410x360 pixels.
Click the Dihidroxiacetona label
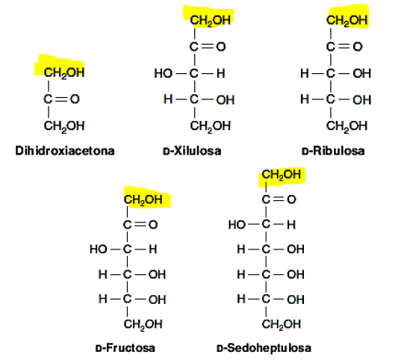point(65,151)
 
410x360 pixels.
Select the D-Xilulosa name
point(192,151)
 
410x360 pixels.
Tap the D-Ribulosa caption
point(333,151)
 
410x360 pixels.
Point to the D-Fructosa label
point(125,348)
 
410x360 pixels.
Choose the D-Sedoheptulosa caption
point(264,348)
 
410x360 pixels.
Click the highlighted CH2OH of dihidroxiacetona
point(64,72)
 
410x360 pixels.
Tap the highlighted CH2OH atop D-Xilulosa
point(211,20)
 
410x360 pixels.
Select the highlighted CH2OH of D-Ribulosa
point(347,20)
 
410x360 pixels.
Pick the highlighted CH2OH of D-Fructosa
point(143,200)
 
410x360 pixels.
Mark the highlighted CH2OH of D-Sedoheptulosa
point(281,175)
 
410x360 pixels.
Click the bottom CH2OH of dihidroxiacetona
point(64,126)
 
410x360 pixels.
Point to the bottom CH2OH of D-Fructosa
point(143,324)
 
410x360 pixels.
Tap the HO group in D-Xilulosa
point(163,73)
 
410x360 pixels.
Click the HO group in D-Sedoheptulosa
point(237,225)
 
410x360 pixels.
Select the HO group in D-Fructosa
point(99,249)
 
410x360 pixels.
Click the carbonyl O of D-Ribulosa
point(358,47)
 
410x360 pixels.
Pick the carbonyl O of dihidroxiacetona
point(75,99)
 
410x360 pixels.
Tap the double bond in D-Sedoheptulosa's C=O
point(279,199)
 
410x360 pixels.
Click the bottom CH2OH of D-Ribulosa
point(347,126)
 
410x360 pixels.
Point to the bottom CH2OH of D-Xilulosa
point(211,126)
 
